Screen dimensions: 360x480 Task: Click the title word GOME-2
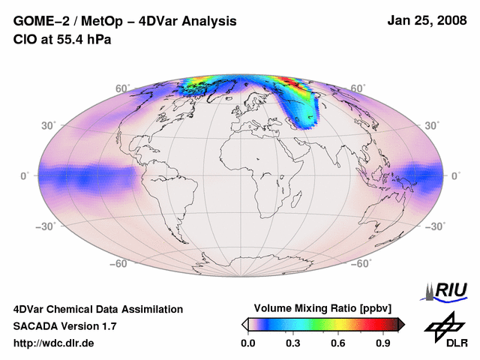[40, 21]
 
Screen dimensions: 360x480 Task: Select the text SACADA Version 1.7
[64, 326]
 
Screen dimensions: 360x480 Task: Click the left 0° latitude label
[24, 175]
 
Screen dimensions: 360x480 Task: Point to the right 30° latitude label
[433, 124]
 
